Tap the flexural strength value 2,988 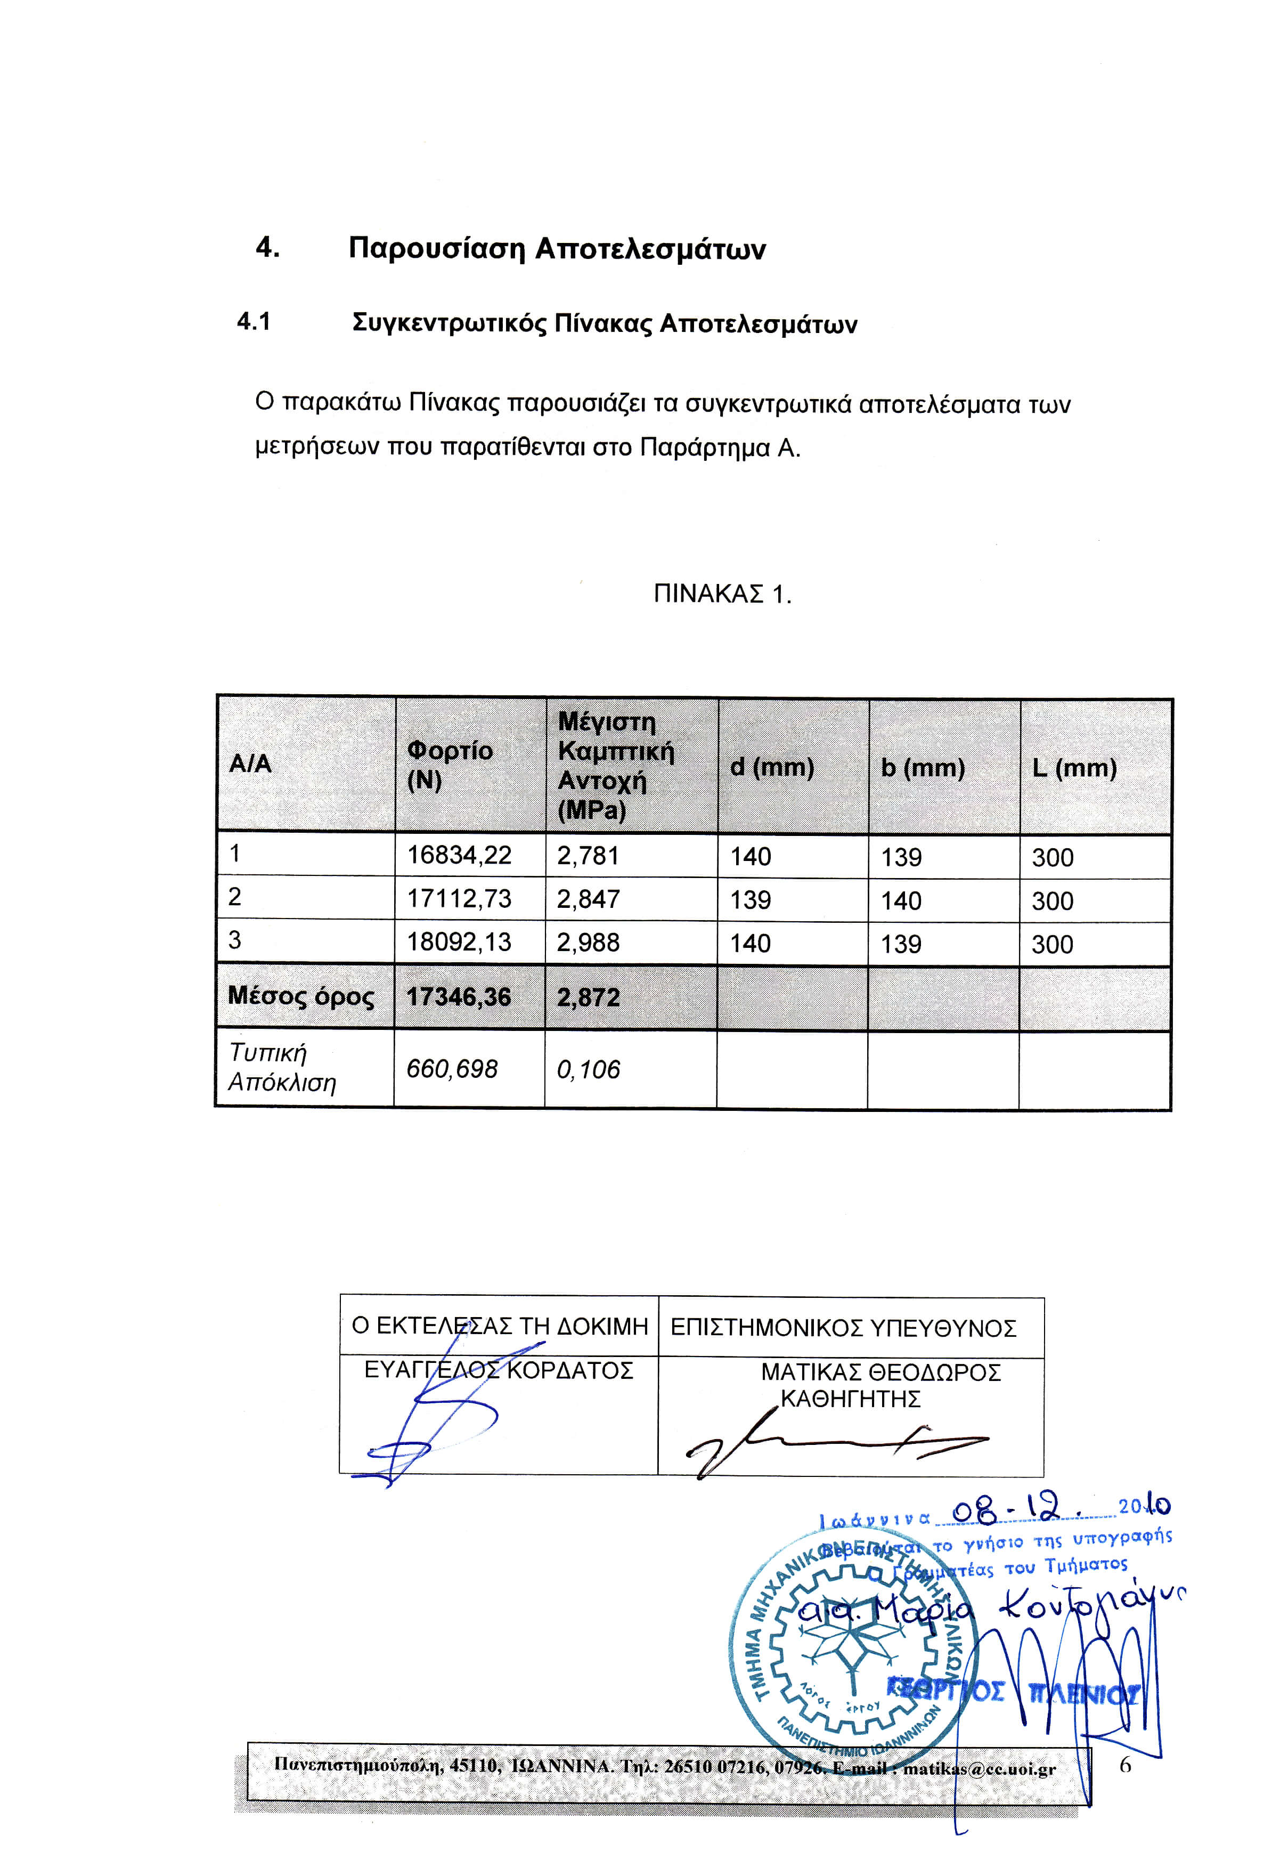pos(588,943)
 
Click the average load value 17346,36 pos(458,997)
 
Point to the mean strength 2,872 pos(588,997)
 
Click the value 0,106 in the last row pos(588,1069)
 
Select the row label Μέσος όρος pos(301,996)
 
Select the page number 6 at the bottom pos(1124,1765)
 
